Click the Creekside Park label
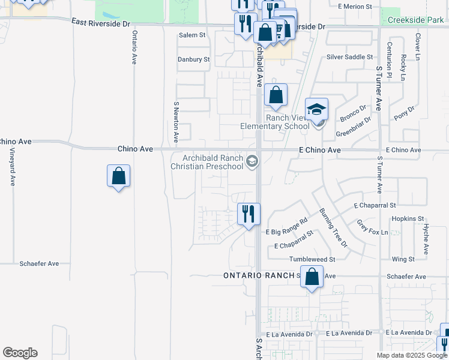pos(415,20)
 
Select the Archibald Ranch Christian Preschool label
pos(208,162)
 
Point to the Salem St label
pos(192,35)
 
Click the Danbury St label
pos(193,59)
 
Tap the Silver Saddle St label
pos(350,57)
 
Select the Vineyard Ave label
pos(12,168)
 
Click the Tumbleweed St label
pos(312,259)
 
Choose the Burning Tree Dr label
pos(333,228)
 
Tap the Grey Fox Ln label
pos(372,226)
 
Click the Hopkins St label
pos(408,219)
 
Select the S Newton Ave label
pos(176,122)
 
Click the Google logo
pos(20,353)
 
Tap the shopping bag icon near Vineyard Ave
pos(119,176)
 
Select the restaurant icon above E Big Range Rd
pos(248,214)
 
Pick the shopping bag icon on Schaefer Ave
pos(312,277)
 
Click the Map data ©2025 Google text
pos(411,355)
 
